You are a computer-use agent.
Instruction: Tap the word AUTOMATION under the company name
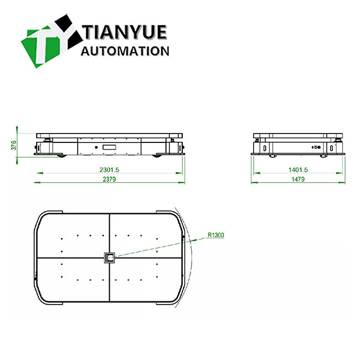pyautogui.click(x=125, y=51)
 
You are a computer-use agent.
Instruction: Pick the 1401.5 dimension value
pyautogui.click(x=299, y=169)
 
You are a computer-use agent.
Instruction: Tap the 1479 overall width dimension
pyautogui.click(x=299, y=179)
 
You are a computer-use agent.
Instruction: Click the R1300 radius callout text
pyautogui.click(x=216, y=235)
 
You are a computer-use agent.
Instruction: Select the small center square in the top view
pyautogui.click(x=110, y=257)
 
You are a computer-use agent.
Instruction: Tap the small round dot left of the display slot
pyautogui.click(x=95, y=147)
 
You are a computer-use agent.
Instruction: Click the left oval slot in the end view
pyautogui.click(x=265, y=148)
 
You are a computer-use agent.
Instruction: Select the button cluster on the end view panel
pyautogui.click(x=315, y=148)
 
